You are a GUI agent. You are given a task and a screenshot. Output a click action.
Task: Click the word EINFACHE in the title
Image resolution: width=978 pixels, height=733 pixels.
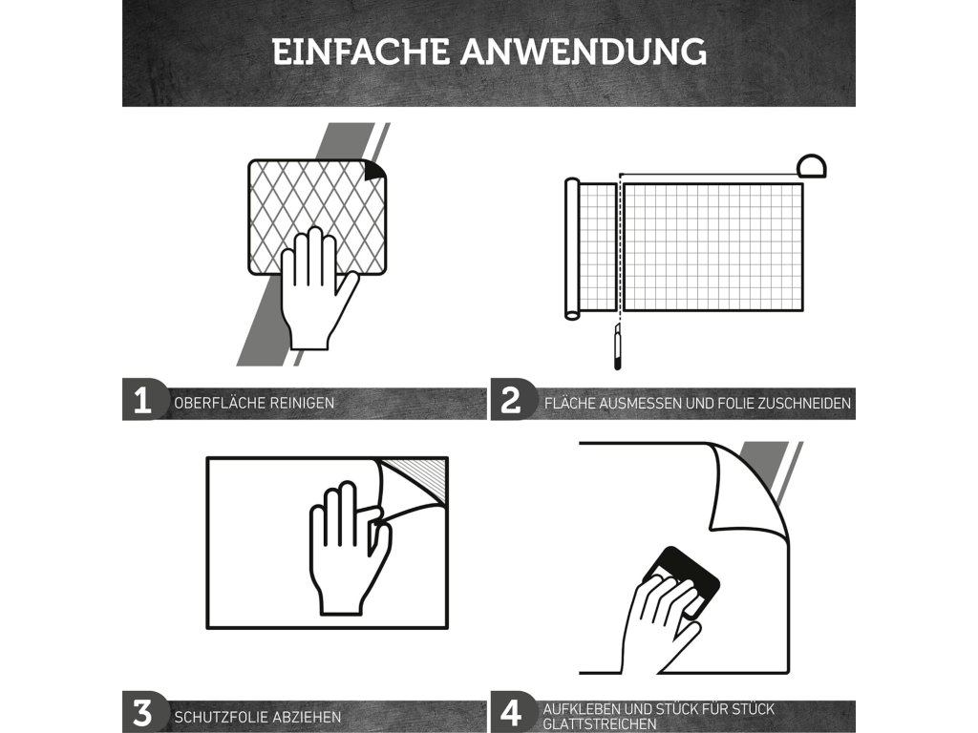(360, 52)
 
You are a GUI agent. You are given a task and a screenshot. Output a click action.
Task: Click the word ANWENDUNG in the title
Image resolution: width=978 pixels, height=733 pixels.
(584, 52)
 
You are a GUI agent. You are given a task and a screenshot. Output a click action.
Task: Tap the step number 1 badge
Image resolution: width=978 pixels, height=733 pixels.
(143, 400)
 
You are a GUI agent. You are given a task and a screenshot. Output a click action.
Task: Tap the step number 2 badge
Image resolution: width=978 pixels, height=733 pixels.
(512, 400)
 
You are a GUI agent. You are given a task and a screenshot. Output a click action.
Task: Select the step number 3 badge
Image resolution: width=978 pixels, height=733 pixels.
(143, 712)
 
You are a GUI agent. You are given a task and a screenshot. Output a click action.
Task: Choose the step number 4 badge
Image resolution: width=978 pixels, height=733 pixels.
(512, 712)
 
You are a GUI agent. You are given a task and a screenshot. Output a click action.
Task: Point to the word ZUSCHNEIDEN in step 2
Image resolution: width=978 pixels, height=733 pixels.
(804, 404)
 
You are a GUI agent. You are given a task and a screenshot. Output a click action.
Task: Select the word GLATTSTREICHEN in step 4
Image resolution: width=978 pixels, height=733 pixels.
(600, 723)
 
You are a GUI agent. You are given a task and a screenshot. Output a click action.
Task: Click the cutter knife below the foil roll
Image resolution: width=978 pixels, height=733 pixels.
(618, 346)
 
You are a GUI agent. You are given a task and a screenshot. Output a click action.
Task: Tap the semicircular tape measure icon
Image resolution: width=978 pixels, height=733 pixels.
(812, 166)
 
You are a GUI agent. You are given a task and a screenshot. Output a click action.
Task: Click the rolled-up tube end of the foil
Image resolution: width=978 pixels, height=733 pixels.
(572, 249)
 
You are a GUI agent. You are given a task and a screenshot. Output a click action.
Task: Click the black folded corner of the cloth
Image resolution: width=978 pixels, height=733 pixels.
(374, 171)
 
